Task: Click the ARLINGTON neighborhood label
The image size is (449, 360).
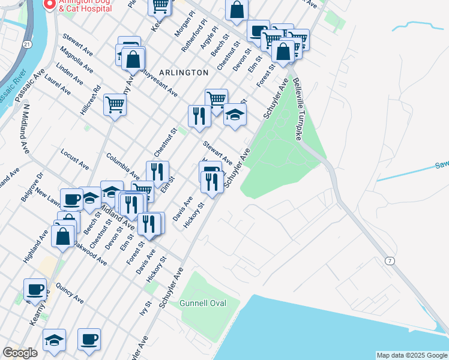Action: pyautogui.click(x=184, y=72)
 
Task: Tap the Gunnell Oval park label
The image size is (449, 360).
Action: pyautogui.click(x=203, y=303)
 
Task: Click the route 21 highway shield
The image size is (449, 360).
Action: pyautogui.click(x=28, y=44)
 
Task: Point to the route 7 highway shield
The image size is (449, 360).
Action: pyautogui.click(x=390, y=260)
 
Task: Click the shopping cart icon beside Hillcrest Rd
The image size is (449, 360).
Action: pyautogui.click(x=115, y=104)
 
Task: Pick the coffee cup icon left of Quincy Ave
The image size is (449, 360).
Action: pyautogui.click(x=35, y=289)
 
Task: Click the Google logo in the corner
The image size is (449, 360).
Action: pyautogui.click(x=20, y=353)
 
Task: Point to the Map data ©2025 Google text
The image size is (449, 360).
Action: pyautogui.click(x=412, y=355)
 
